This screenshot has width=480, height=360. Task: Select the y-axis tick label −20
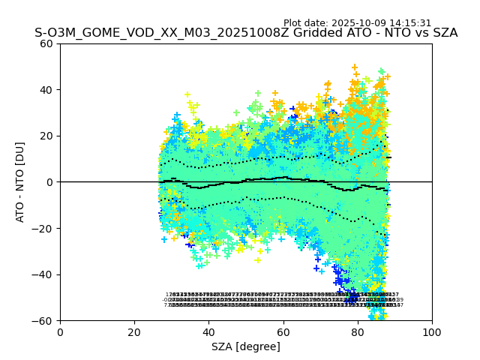45,228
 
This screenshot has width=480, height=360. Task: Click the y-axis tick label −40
45,274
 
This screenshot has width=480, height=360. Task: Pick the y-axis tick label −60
45,321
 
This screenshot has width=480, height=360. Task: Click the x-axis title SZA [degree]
246,346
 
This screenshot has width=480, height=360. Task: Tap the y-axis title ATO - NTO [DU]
21,182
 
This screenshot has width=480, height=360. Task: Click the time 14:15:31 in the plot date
410,23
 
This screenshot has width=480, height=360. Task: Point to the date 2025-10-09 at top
358,23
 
